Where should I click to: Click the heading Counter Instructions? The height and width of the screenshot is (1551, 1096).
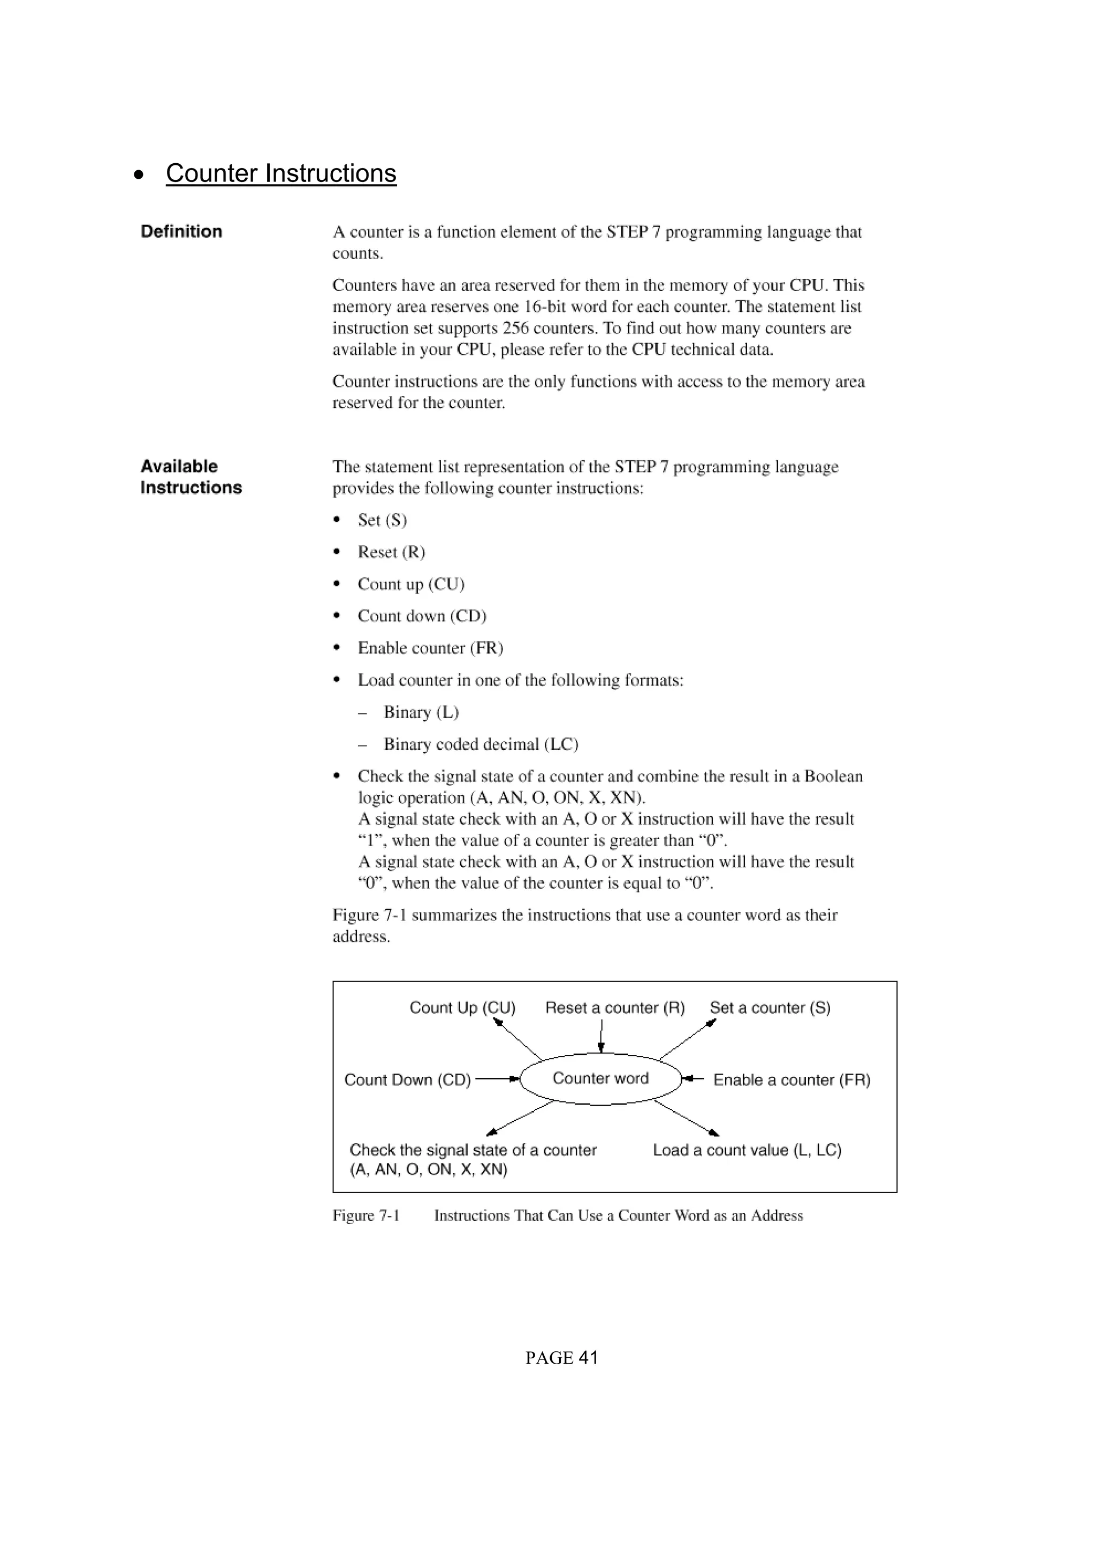[281, 173]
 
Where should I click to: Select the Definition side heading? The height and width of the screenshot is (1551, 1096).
[181, 232]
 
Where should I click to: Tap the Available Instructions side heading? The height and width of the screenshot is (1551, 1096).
[191, 477]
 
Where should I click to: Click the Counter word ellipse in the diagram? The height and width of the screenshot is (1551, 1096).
[600, 1078]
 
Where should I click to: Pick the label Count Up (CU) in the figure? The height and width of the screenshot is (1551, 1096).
[462, 1008]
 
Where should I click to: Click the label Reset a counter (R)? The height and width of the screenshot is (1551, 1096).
[614, 1008]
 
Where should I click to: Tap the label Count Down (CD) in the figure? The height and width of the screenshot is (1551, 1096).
[407, 1079]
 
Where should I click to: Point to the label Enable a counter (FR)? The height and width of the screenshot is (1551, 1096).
[791, 1079]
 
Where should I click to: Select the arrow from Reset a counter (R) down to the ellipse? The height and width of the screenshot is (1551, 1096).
[601, 1036]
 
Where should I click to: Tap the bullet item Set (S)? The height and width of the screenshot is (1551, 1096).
[382, 520]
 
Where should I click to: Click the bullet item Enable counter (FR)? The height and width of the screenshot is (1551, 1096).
[430, 648]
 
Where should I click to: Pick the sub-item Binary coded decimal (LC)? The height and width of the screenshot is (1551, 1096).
[481, 744]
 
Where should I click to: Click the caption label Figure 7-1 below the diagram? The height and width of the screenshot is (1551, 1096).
[366, 1215]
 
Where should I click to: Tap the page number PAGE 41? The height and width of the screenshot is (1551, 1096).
[562, 1358]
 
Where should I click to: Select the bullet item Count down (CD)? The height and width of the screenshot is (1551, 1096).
[422, 616]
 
